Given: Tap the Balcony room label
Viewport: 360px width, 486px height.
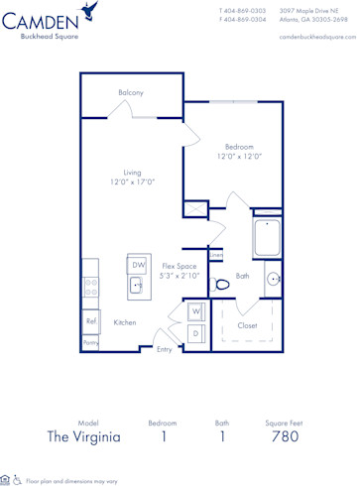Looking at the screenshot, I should pos(131,92).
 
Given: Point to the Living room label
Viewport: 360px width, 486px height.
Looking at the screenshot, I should pos(132,177).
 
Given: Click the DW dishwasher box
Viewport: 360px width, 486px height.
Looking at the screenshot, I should pos(138,266).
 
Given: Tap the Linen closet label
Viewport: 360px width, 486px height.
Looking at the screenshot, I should pos(215,255).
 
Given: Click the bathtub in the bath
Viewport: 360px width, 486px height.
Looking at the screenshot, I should pos(267,239).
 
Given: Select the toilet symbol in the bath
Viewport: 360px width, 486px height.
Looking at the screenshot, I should pos(222,285).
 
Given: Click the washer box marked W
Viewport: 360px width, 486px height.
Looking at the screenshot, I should pos(196,312).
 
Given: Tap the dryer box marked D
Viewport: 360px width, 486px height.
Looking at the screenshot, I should pos(196,333).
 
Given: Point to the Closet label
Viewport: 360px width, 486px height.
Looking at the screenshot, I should pos(248,324).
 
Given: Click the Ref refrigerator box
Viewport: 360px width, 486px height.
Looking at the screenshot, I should pos(91,321).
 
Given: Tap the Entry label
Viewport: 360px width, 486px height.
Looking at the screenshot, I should pos(164,349).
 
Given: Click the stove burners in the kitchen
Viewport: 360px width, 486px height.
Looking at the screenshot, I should pos(90,287).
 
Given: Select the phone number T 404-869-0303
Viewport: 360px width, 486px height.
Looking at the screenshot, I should pos(242,11).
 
